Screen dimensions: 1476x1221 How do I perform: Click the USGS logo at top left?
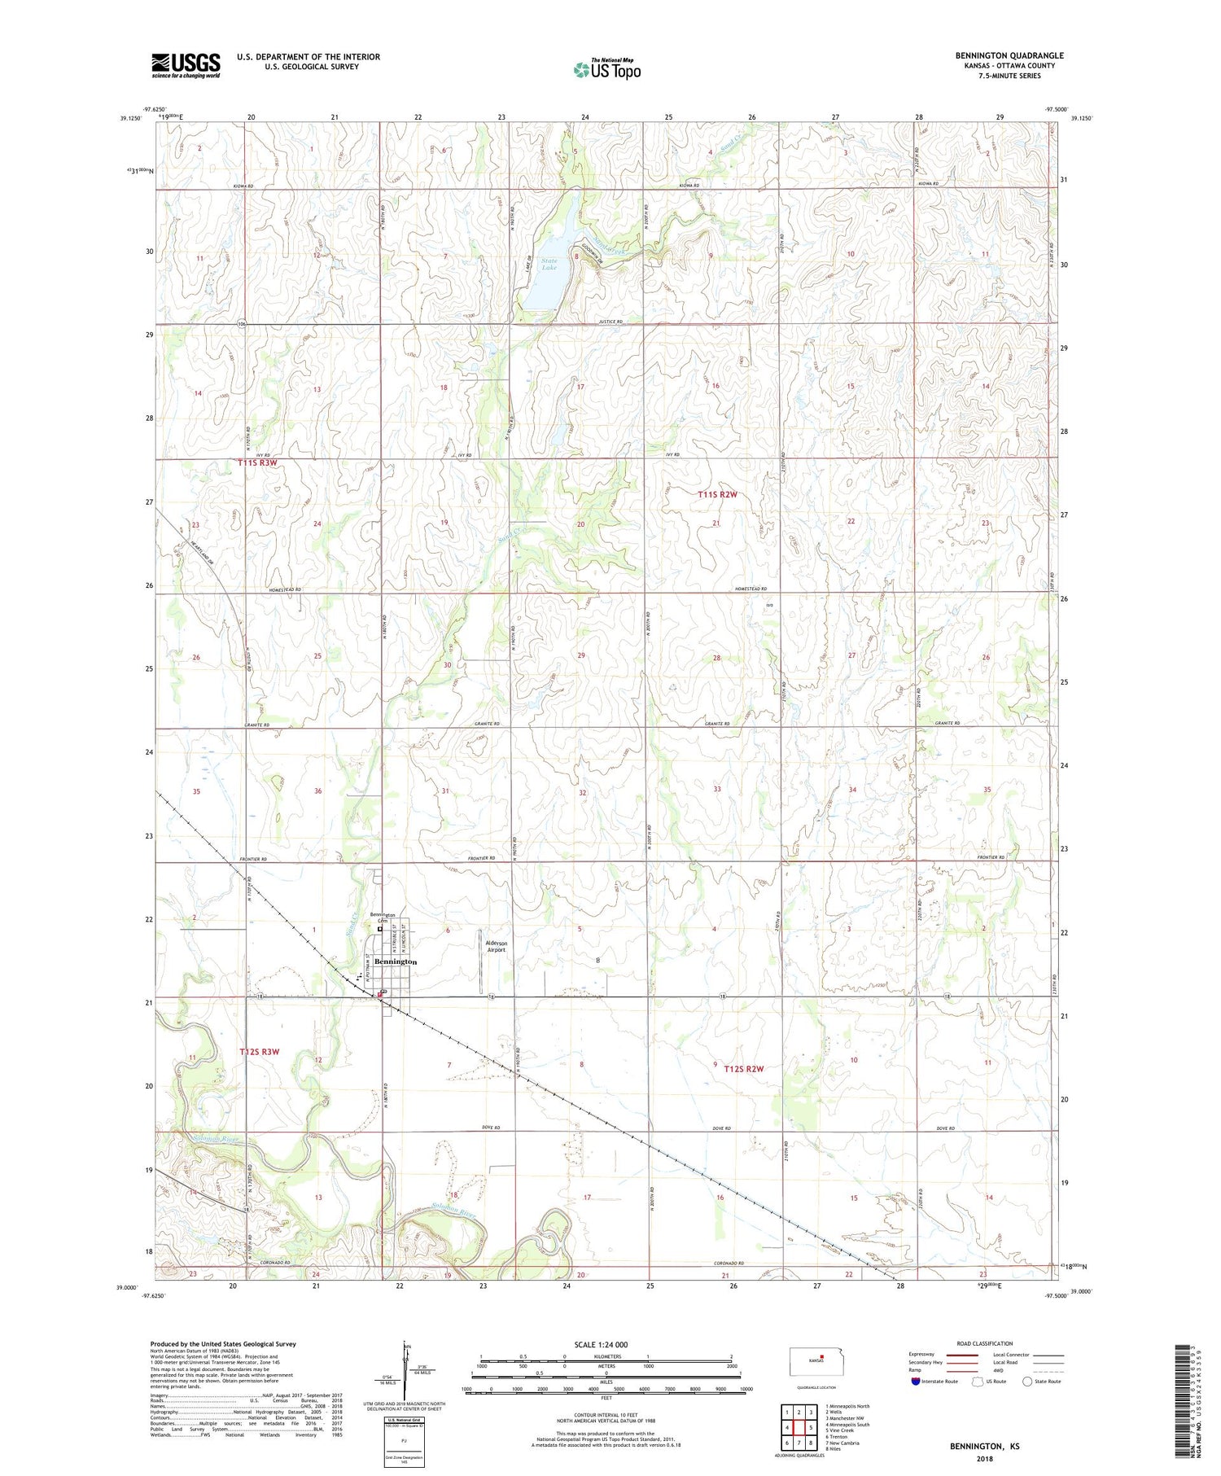click(186, 65)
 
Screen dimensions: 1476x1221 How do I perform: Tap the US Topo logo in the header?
click(606, 70)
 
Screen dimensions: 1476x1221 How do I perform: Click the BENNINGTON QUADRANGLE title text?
click(1009, 55)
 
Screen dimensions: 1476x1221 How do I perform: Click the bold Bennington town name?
click(396, 961)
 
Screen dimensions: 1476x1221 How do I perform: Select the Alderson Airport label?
click(497, 946)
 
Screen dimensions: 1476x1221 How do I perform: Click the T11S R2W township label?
click(717, 495)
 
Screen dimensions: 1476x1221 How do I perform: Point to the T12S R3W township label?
click(260, 1052)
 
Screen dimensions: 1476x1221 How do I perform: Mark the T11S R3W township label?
click(258, 462)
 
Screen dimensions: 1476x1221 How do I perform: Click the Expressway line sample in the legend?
click(961, 1355)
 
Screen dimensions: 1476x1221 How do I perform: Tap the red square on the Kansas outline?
click(822, 1356)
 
